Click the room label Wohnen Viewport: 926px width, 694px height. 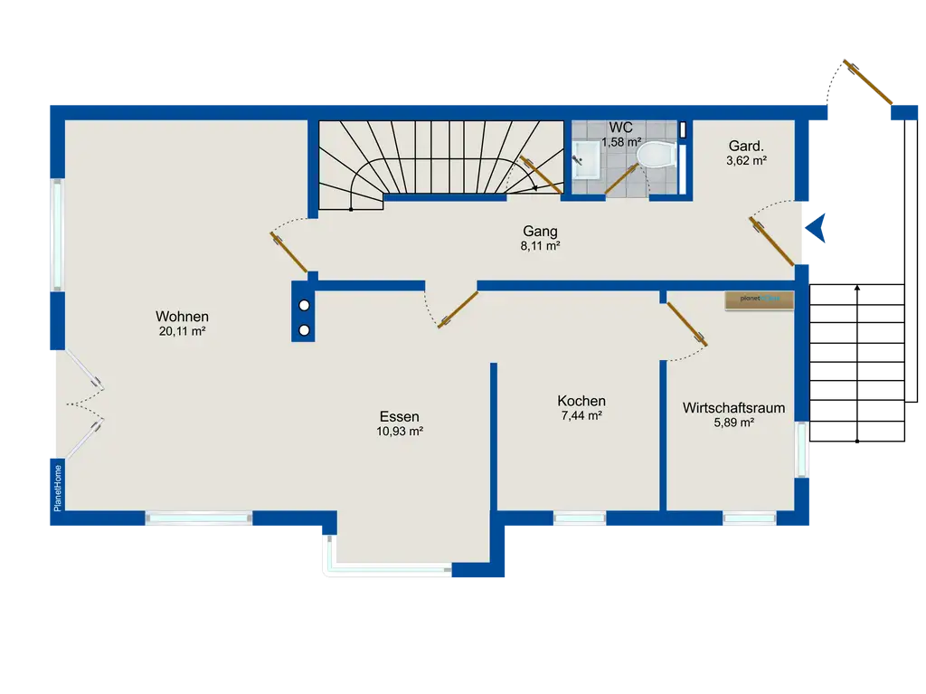[182, 317]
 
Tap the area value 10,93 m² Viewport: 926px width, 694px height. [400, 432]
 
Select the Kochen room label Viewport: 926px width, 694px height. [581, 401]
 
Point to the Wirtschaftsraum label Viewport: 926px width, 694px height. [734, 408]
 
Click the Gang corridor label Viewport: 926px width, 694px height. [540, 232]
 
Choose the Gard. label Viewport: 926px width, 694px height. [746, 146]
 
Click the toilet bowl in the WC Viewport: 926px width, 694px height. [657, 156]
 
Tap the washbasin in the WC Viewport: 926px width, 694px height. [586, 159]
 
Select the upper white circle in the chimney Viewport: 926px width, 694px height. [304, 306]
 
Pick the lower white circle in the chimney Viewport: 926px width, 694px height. [304, 330]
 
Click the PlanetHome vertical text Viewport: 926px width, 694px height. [57, 489]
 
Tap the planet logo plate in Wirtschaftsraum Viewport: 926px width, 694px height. [760, 299]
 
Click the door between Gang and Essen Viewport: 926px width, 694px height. [458, 309]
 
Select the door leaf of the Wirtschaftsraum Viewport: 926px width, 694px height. [687, 324]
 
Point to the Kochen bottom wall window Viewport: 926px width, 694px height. [580, 518]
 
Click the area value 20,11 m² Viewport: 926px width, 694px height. [182, 332]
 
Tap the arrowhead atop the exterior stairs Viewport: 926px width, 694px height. [857, 288]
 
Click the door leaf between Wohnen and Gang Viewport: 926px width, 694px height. [288, 252]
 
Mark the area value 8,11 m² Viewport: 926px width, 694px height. [540, 246]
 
